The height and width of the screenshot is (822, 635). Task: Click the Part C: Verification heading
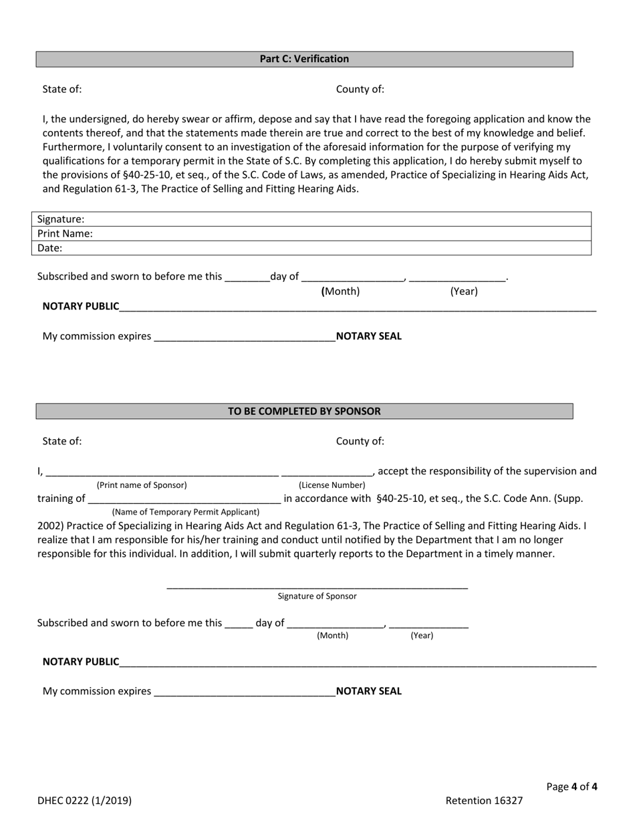(x=304, y=59)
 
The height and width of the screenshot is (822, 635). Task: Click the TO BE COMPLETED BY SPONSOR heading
(x=304, y=411)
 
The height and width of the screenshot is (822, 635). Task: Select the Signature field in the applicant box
(x=334, y=219)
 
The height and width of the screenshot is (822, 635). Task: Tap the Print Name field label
(x=65, y=234)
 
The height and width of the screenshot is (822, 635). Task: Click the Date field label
(x=49, y=248)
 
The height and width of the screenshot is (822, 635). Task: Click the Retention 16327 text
(x=484, y=801)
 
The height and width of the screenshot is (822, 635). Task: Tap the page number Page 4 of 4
(x=571, y=787)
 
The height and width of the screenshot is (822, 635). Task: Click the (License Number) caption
(x=332, y=485)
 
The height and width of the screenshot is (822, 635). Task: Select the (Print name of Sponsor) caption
(x=142, y=485)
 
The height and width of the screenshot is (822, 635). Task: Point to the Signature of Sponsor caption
(x=317, y=596)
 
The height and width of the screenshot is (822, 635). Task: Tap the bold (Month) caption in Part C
(x=341, y=291)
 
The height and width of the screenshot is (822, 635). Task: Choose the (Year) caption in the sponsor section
(x=422, y=636)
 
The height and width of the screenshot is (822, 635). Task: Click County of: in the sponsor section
(x=360, y=441)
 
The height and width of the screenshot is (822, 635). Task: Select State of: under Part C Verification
(x=62, y=89)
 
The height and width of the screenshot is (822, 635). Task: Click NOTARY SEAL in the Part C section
(x=369, y=336)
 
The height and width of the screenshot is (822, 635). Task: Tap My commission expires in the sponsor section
(x=97, y=691)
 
